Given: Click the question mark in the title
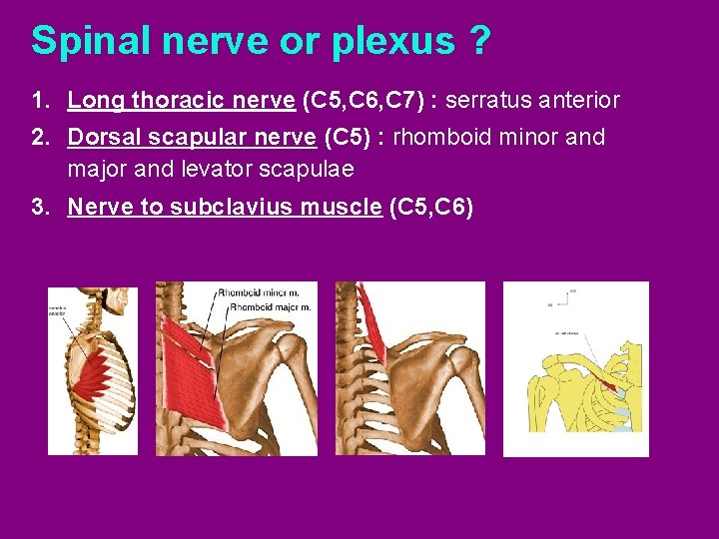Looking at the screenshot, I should click(x=477, y=41).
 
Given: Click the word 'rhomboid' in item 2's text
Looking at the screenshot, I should click(x=439, y=137).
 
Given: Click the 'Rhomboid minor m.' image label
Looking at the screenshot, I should click(x=264, y=293).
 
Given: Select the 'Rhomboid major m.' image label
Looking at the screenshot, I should click(x=270, y=307).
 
